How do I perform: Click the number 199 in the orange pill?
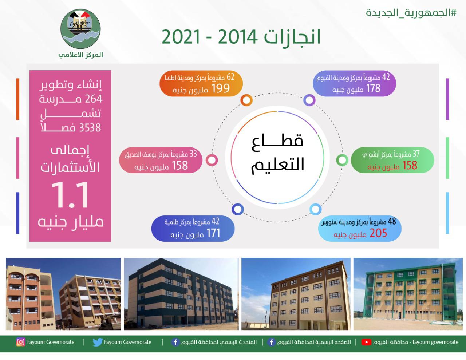pyautogui.click(x=221, y=88)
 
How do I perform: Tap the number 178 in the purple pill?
pyautogui.click(x=373, y=88)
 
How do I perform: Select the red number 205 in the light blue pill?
pyautogui.click(x=378, y=233)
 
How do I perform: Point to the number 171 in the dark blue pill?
pyautogui.click(x=213, y=233)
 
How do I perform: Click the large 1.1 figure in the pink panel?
pyautogui.click(x=70, y=196)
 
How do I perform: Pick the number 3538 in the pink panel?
pyautogui.click(x=89, y=127)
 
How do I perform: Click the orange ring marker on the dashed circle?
pyautogui.click(x=246, y=100)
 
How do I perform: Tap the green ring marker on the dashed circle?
pyautogui.click(x=342, y=160)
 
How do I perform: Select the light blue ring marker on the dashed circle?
pyautogui.click(x=315, y=209)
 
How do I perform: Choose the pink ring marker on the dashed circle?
pyautogui.click(x=212, y=160)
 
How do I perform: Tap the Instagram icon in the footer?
pyautogui.click(x=21, y=342)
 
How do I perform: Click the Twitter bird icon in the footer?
pyautogui.click(x=97, y=342)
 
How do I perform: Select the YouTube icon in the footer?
pyautogui.click(x=366, y=342)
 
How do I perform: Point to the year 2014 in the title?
pyautogui.click(x=237, y=37)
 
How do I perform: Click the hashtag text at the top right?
pyautogui.click(x=411, y=13)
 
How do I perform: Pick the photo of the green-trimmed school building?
pyautogui.click(x=406, y=294)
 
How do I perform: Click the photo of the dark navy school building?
pyautogui.click(x=181, y=294)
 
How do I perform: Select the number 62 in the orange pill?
pyautogui.click(x=230, y=77)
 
